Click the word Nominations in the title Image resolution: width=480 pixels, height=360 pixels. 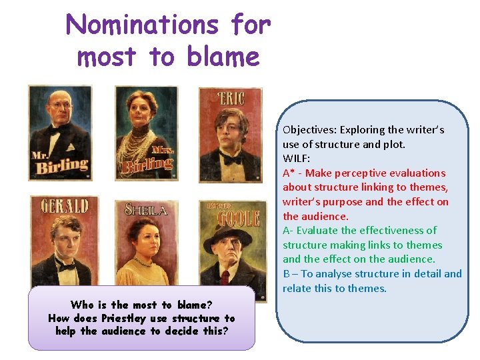pos(141,25)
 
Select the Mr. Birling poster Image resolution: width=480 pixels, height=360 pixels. pos(59,134)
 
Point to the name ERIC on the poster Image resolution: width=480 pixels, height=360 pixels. pos(231,99)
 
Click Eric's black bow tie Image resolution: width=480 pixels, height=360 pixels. pos(231,159)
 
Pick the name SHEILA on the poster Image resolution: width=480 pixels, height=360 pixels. pos(145,210)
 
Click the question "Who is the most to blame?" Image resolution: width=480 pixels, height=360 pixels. pos(141,305)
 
